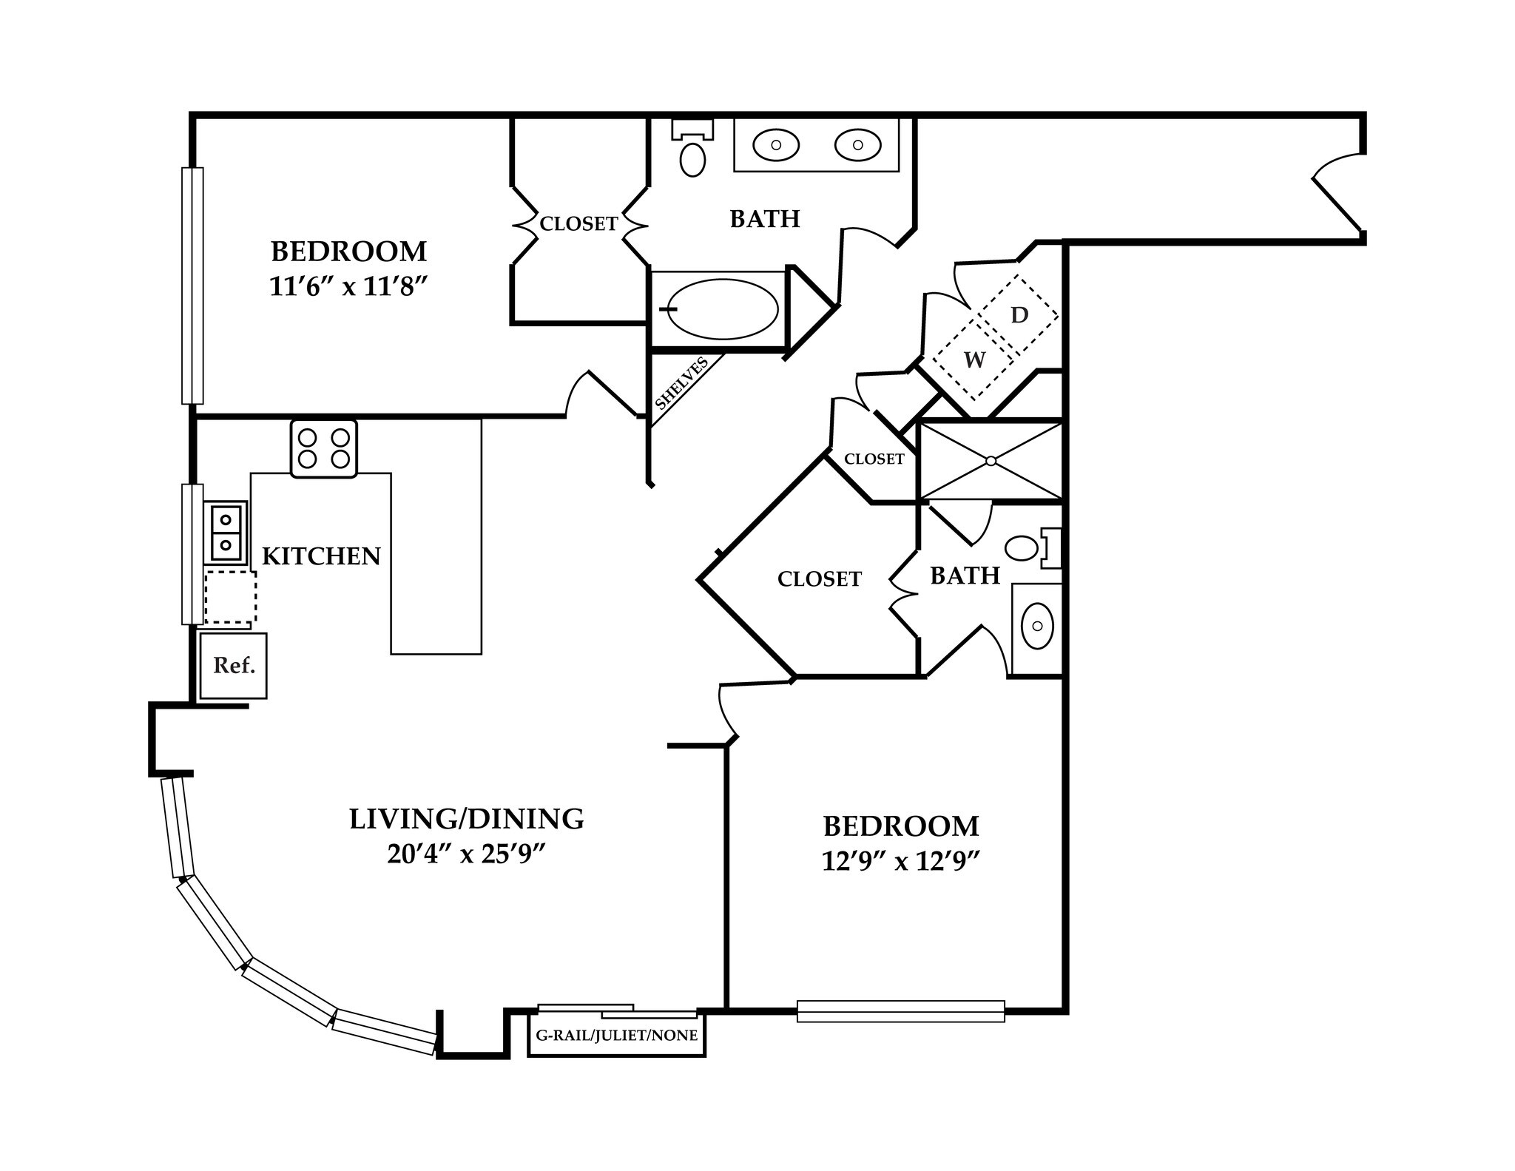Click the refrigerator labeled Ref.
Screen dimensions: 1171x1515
click(x=233, y=665)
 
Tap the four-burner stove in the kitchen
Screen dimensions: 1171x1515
click(x=324, y=448)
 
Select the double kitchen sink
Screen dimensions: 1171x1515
click(x=226, y=533)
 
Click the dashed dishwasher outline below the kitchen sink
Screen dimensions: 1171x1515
click(x=230, y=596)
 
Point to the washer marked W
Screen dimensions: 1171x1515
click(x=974, y=360)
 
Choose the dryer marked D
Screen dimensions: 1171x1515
click(x=1019, y=315)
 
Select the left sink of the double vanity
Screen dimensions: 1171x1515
click(x=776, y=145)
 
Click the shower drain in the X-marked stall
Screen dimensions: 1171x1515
click(x=991, y=461)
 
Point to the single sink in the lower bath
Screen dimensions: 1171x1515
click(x=1037, y=626)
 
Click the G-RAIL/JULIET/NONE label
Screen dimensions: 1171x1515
click(x=616, y=1036)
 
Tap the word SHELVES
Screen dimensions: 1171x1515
click(x=681, y=383)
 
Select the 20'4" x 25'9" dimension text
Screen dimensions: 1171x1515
click(x=466, y=855)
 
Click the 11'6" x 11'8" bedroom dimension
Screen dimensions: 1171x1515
click(x=348, y=287)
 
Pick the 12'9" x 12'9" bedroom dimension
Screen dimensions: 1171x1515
click(x=900, y=861)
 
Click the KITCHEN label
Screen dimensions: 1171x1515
click(x=321, y=556)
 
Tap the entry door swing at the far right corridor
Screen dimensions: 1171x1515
click(x=1337, y=194)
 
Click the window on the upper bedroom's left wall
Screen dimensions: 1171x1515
click(x=192, y=286)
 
